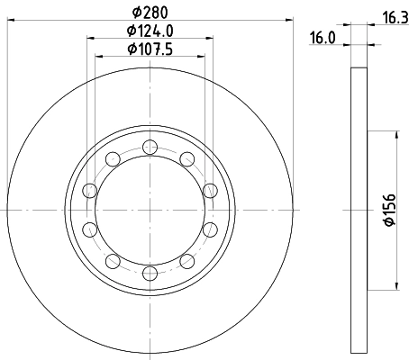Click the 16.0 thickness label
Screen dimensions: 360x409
[x=321, y=38]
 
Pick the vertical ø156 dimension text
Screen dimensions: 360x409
[x=389, y=210]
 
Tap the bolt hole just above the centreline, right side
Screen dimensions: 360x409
[x=209, y=191]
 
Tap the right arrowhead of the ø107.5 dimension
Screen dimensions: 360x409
[x=202, y=55]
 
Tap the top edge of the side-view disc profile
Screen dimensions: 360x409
[x=357, y=68]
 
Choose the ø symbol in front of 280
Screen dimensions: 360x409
[x=134, y=13]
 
